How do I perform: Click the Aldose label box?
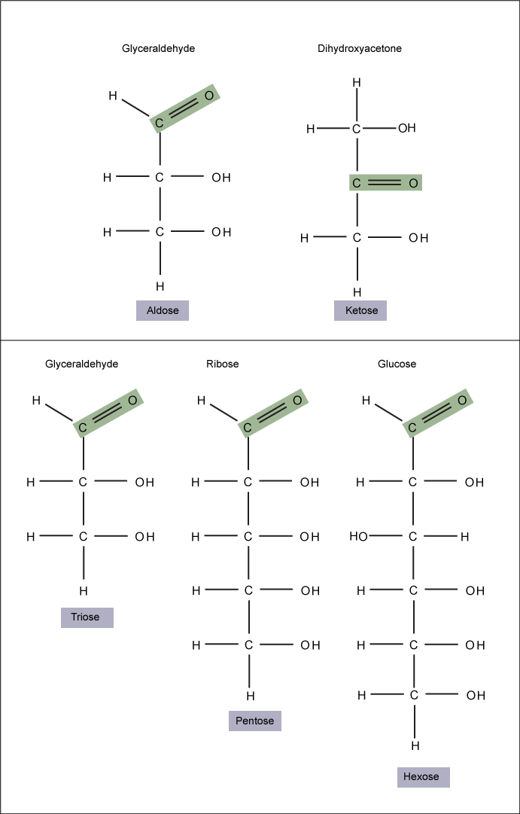[163, 310]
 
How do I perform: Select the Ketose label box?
[360, 310]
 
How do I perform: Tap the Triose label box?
[87, 617]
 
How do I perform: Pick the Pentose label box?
[255, 721]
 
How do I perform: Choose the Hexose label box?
[424, 777]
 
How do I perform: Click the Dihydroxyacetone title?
[360, 49]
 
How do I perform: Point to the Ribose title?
[222, 364]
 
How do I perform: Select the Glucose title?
[397, 364]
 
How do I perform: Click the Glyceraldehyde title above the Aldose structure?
[159, 49]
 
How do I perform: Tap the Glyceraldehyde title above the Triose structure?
[82, 364]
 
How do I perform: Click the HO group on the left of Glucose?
[358, 537]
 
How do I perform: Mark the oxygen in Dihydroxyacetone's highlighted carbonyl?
[414, 183]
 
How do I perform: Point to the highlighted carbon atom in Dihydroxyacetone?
[357, 183]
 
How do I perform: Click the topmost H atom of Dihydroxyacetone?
[357, 83]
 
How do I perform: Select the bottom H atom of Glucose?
[415, 746]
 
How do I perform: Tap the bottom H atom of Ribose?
[250, 695]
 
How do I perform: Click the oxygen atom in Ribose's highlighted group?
[297, 401]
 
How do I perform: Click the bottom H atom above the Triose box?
[83, 591]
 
